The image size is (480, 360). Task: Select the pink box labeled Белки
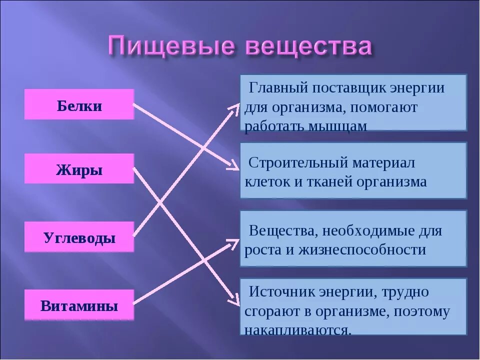pyautogui.click(x=79, y=105)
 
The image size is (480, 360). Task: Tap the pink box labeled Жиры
pyautogui.click(x=79, y=169)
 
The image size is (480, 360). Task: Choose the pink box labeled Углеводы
pyautogui.click(x=79, y=237)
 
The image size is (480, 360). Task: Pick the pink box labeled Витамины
pyautogui.click(x=79, y=305)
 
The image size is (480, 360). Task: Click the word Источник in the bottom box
pyautogui.click(x=281, y=292)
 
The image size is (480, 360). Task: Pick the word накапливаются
pyautogui.click(x=298, y=329)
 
